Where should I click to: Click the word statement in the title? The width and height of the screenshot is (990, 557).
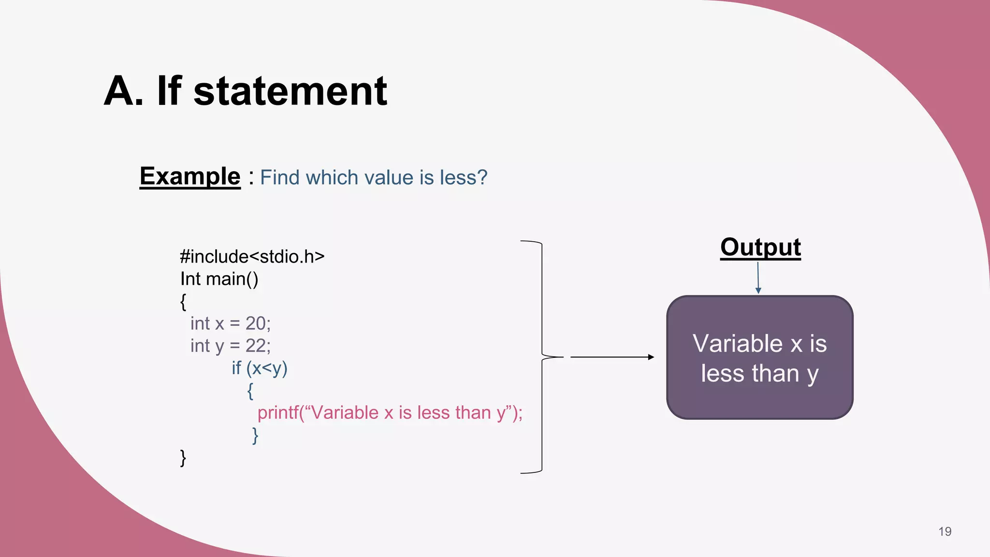point(290,91)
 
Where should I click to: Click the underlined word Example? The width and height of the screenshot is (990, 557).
point(190,176)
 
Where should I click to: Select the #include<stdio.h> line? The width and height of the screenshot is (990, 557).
point(252,256)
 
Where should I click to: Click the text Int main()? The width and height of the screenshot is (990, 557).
point(219,279)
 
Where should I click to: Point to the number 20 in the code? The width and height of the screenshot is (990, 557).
point(255,323)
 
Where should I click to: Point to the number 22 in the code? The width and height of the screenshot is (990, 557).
point(255,346)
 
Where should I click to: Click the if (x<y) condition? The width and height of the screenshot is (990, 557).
point(260,368)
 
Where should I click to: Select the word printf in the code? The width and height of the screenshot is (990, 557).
point(277,413)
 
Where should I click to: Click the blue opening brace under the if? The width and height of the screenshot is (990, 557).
point(250,391)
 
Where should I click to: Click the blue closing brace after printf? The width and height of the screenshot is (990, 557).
point(255,435)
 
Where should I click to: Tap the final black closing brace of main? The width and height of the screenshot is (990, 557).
point(183,457)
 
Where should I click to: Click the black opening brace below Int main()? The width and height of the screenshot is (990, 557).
point(183,302)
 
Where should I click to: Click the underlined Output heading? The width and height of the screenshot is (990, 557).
point(760,248)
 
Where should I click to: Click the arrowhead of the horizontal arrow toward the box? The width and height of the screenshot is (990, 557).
point(651,357)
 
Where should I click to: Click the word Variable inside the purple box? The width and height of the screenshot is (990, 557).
point(737,344)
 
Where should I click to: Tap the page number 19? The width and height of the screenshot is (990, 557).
point(945,531)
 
